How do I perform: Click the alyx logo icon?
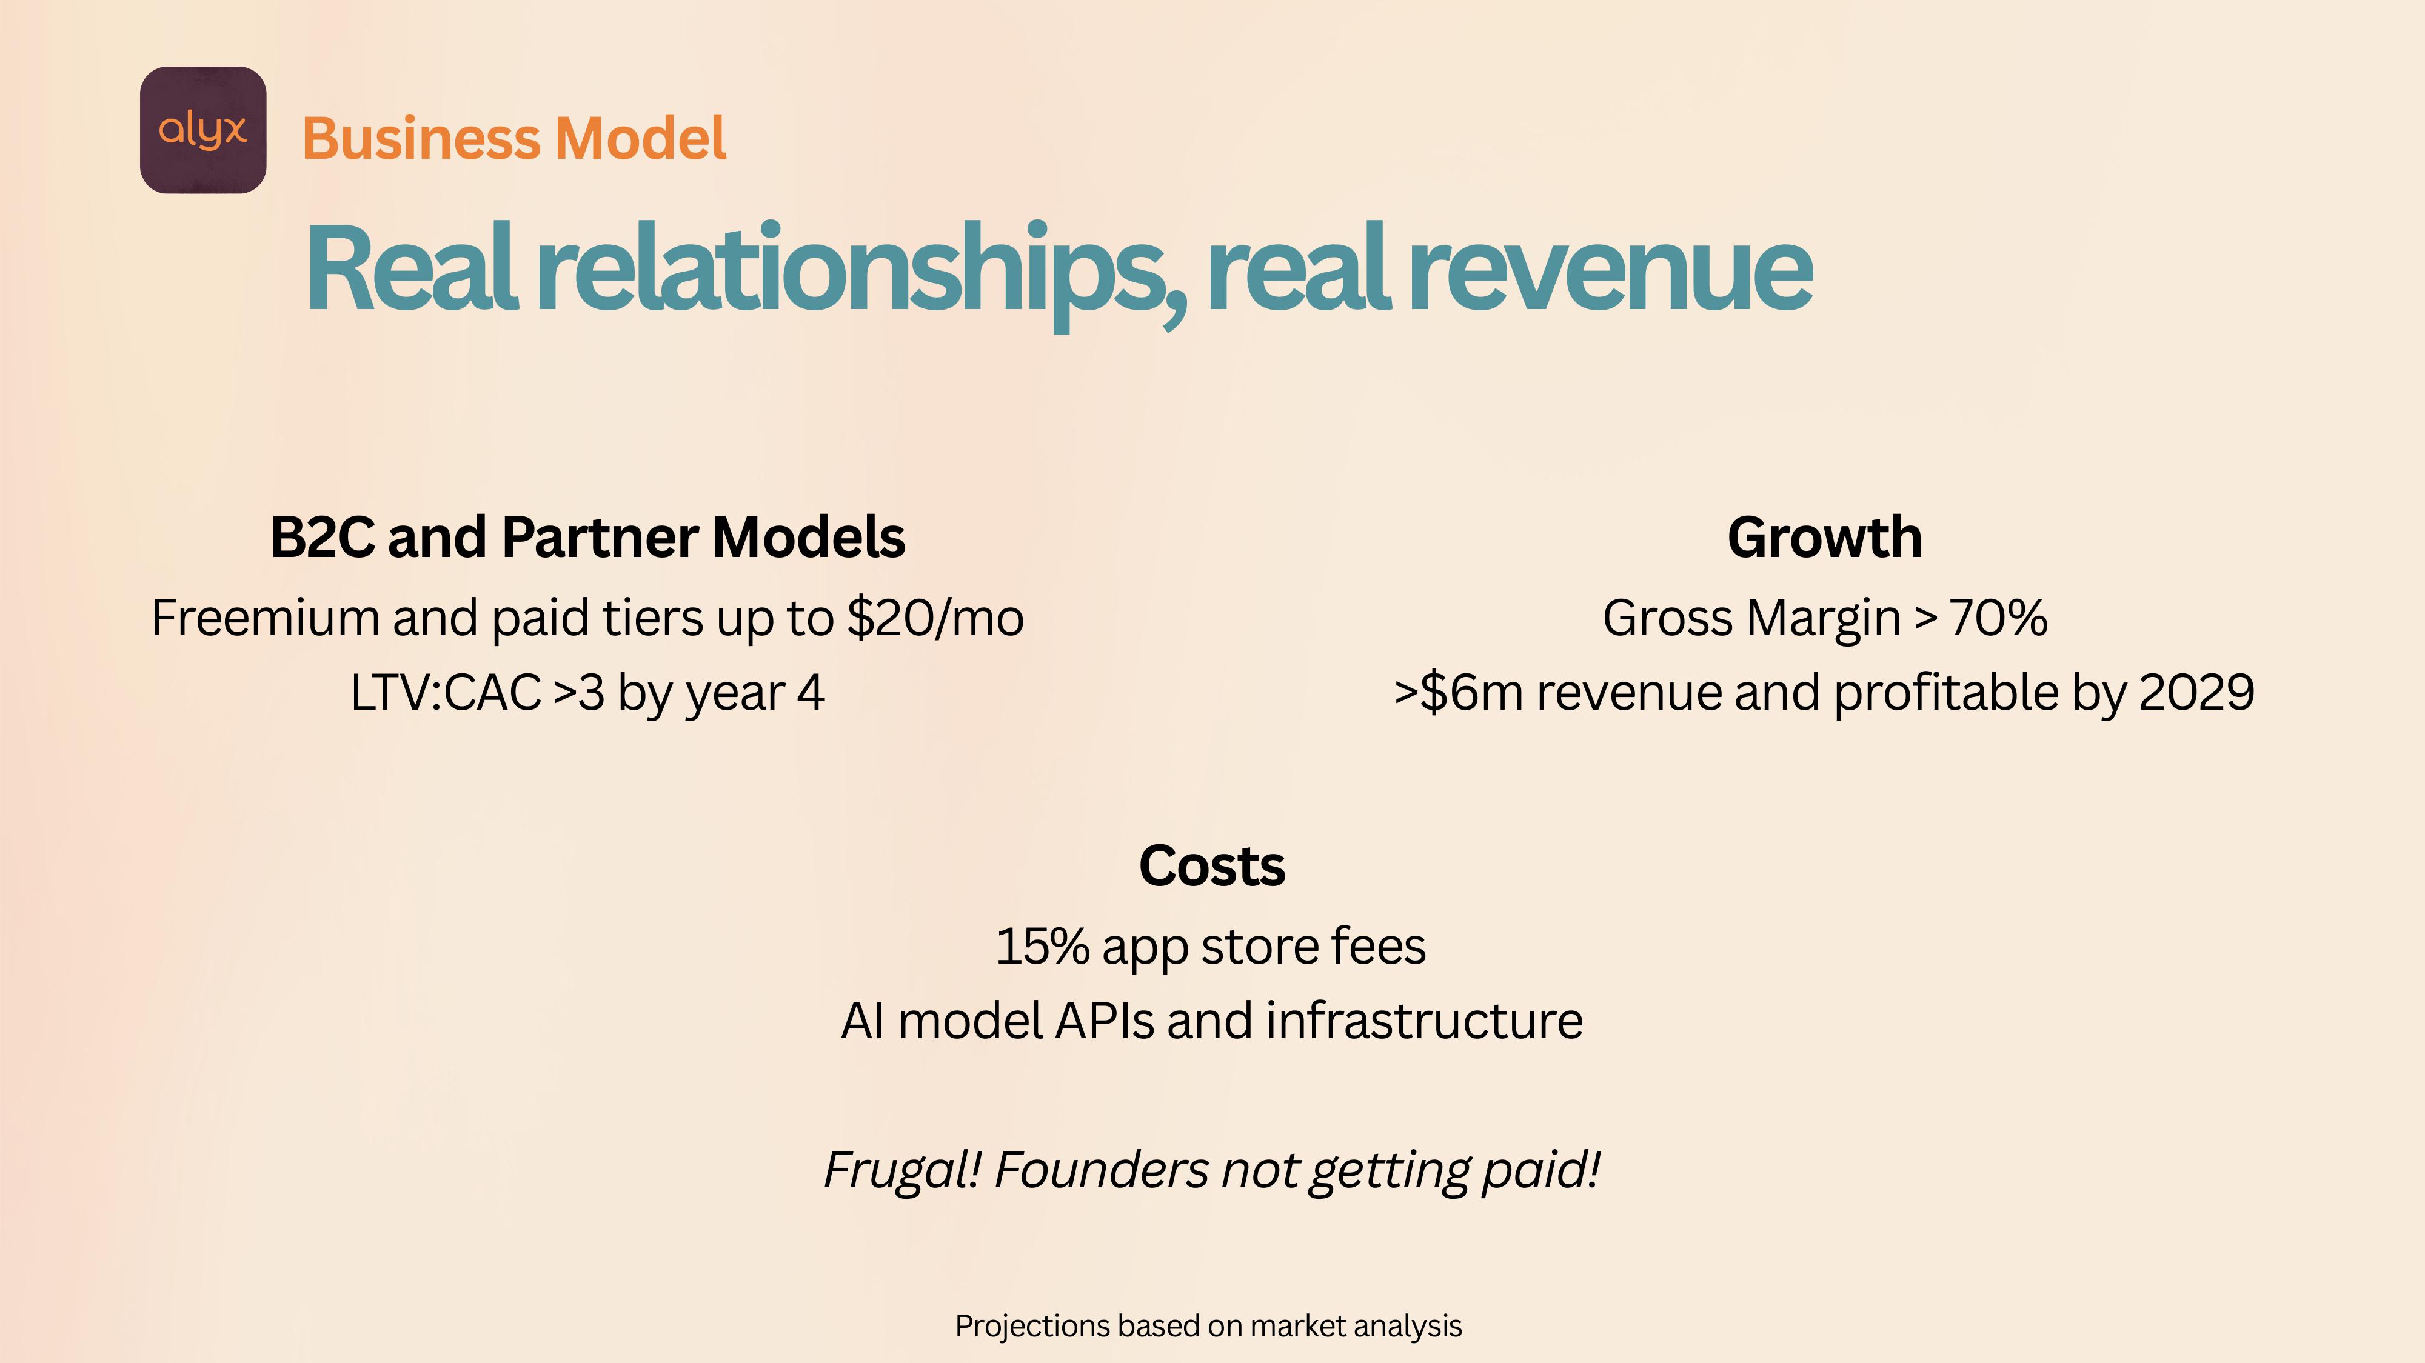click(x=203, y=130)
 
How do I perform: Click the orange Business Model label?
click(x=514, y=138)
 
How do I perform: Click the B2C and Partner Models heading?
click(x=587, y=538)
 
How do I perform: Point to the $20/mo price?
click(x=935, y=618)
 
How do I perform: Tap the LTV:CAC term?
click(x=445, y=693)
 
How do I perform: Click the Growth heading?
click(x=1824, y=538)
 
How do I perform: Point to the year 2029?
click(x=2197, y=693)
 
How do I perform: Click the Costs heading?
click(x=1211, y=866)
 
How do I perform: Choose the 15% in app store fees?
click(x=1042, y=947)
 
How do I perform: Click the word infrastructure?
click(x=1424, y=1021)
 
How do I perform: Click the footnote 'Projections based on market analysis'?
click(x=1209, y=1326)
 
